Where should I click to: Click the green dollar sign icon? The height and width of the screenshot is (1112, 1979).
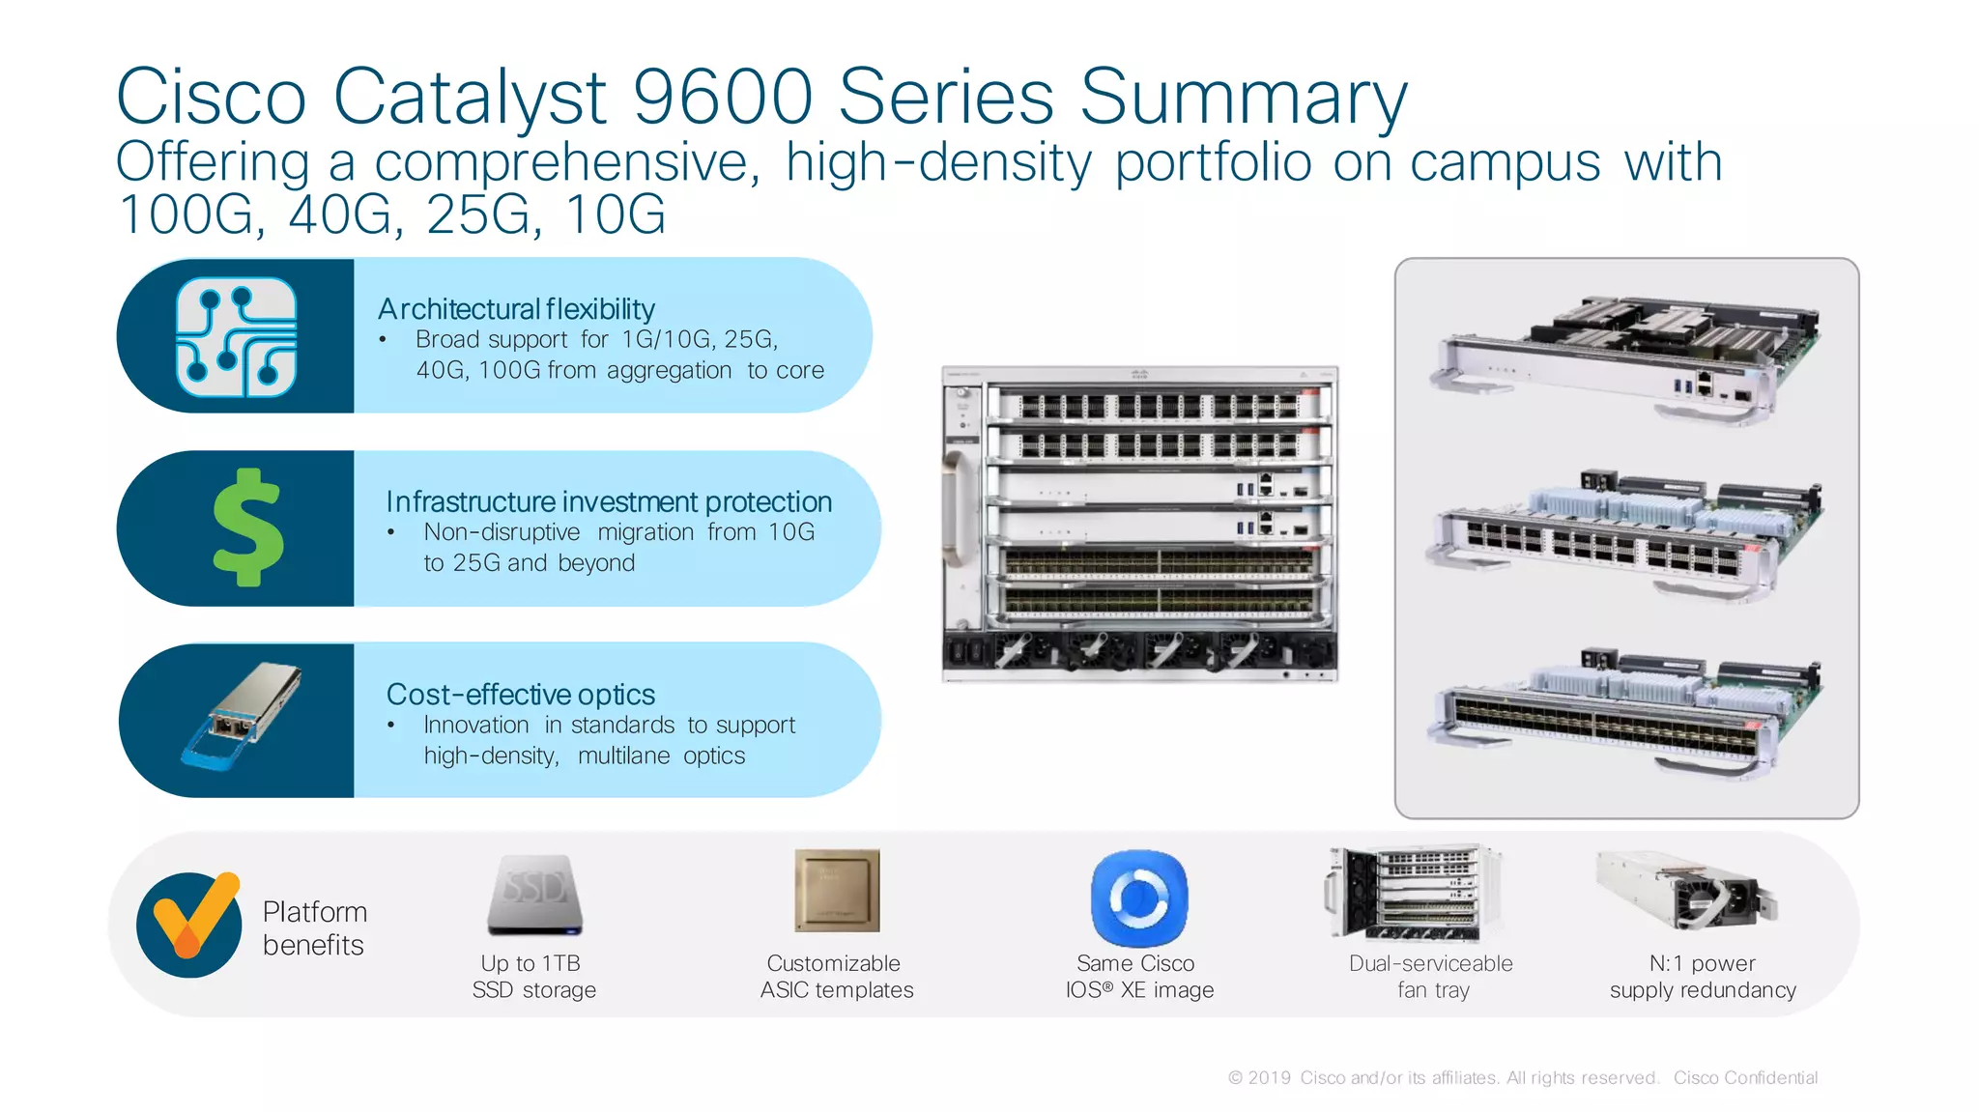click(248, 527)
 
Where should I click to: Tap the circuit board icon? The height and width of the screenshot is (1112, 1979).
click(236, 336)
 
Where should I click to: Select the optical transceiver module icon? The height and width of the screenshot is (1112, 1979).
click(242, 716)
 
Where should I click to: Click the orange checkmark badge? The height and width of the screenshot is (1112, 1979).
click(189, 924)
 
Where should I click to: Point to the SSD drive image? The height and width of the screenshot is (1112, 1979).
click(534, 895)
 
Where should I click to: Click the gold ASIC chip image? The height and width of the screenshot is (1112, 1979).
click(837, 890)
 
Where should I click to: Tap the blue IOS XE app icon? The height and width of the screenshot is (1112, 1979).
click(1139, 898)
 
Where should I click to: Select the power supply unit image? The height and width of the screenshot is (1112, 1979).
click(1686, 890)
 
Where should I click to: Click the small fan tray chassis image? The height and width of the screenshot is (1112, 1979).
click(1413, 893)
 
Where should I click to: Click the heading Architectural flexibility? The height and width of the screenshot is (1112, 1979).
click(516, 309)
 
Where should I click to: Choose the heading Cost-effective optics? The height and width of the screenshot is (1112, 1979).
click(520, 695)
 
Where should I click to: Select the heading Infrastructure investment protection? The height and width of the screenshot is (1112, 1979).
click(609, 502)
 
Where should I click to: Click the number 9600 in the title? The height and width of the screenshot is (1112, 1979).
click(722, 97)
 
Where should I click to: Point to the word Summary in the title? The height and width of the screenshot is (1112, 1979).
click(1243, 97)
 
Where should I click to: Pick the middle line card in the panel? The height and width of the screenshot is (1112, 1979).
click(1625, 534)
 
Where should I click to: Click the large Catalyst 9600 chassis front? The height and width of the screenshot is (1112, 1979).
click(1140, 524)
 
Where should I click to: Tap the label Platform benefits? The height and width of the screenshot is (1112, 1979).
click(314, 927)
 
